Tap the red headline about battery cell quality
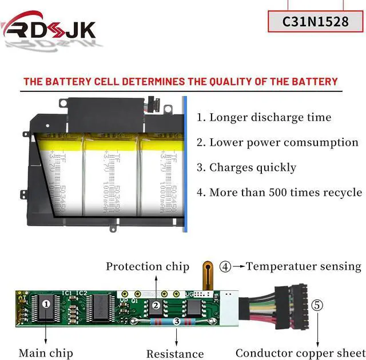tap(181, 82)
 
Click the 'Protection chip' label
tap(148, 266)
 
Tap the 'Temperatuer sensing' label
tap(304, 266)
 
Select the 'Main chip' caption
tap(46, 353)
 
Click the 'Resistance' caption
tap(175, 354)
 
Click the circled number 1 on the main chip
tap(46, 305)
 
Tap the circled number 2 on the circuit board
tap(156, 306)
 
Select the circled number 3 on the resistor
tap(177, 322)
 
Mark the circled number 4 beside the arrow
tap(226, 266)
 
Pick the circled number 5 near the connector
tap(318, 305)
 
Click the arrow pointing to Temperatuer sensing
tap(239, 266)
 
